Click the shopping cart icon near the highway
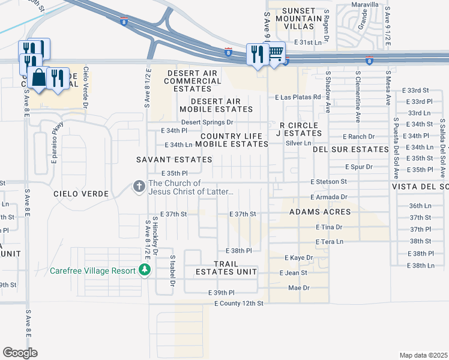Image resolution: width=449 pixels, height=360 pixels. (276, 53)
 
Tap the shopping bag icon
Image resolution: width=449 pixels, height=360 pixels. (38, 77)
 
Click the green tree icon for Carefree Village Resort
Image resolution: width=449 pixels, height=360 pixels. (144, 271)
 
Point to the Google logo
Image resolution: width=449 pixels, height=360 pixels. (20, 353)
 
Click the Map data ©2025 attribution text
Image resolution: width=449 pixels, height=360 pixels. (423, 355)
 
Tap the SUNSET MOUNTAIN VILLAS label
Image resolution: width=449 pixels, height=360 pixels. (292, 19)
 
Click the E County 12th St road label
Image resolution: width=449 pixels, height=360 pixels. (239, 304)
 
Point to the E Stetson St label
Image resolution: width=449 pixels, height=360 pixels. (328, 181)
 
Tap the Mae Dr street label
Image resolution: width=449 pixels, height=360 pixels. (298, 288)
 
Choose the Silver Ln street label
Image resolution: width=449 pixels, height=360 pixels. (298, 143)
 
